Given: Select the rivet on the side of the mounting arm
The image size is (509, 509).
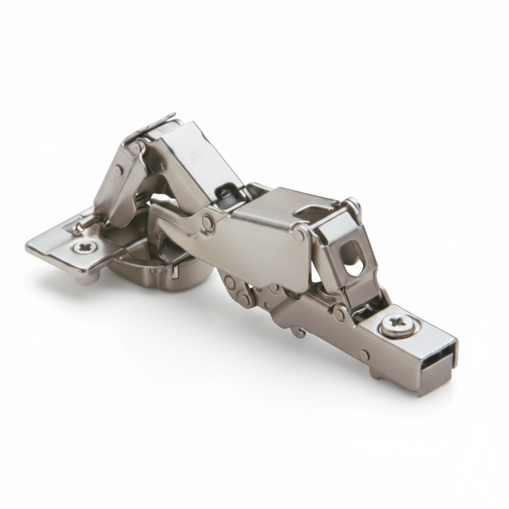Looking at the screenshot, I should click(x=366, y=355).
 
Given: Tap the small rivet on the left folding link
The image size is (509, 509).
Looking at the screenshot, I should click(x=118, y=171).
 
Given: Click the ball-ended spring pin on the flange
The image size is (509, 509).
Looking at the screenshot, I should click(x=77, y=228).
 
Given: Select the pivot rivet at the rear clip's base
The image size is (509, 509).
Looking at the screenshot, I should click(x=339, y=314).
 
